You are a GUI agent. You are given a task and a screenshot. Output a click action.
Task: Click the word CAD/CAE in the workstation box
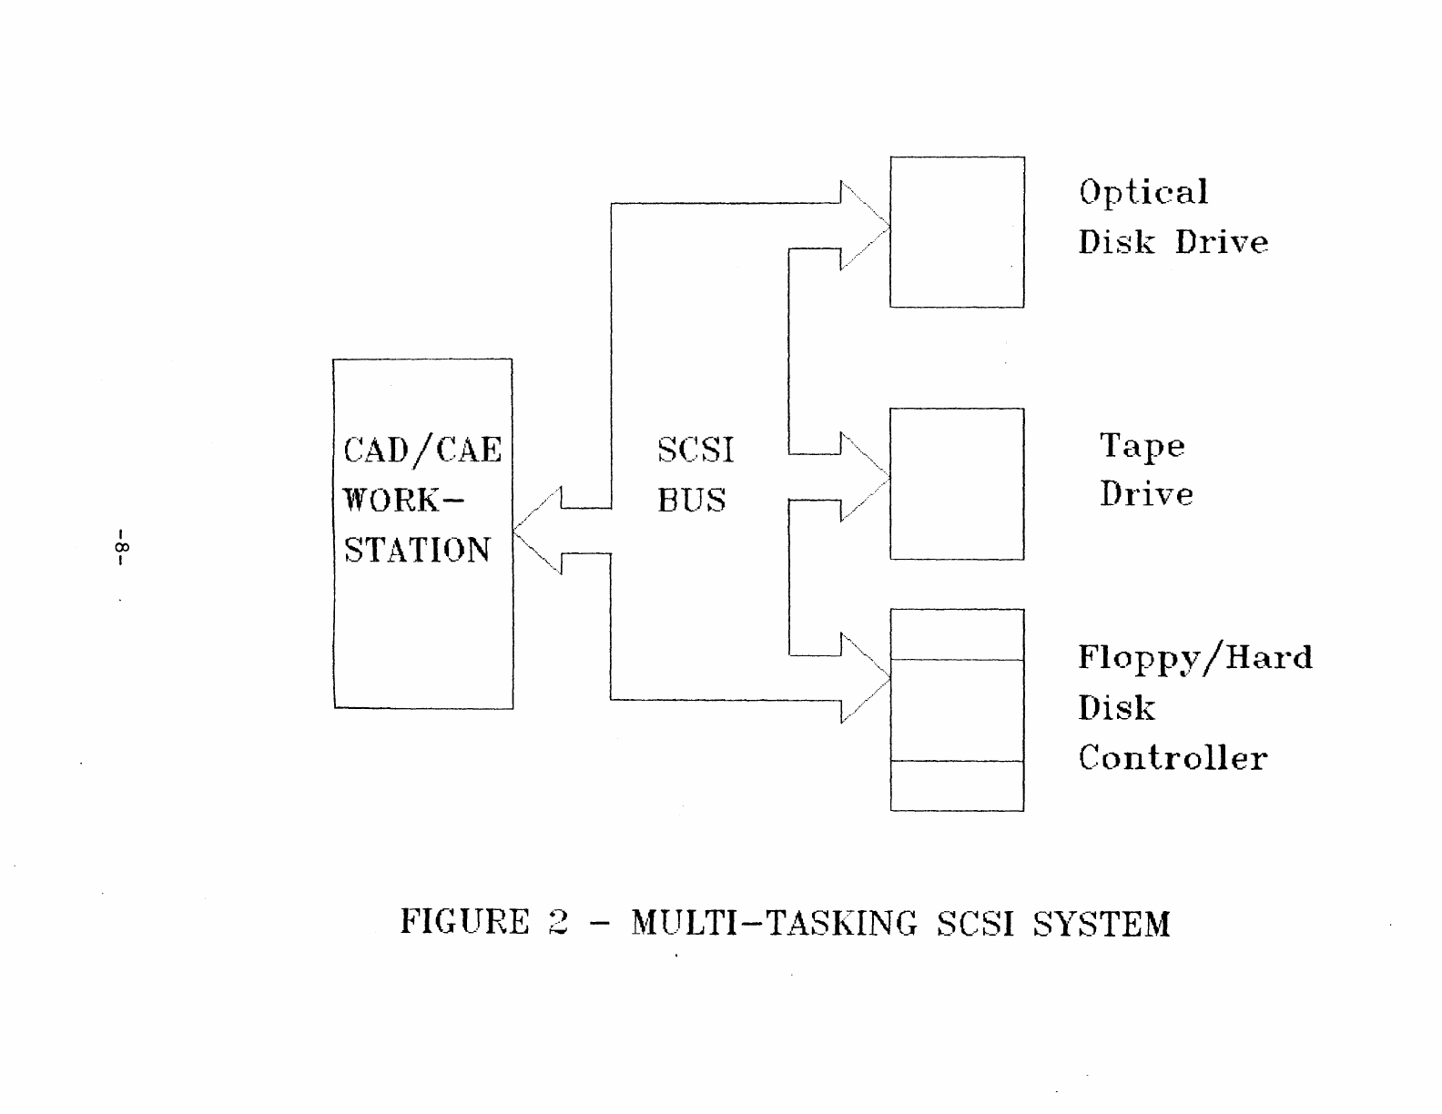tap(422, 450)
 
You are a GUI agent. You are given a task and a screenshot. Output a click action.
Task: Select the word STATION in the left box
tap(417, 550)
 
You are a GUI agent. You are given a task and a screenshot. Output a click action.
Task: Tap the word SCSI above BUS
tap(696, 450)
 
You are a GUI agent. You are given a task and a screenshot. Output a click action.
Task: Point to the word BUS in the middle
tap(692, 500)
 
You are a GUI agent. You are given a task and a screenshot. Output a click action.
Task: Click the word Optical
tap(1143, 192)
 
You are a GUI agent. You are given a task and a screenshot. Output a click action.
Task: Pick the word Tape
tap(1142, 446)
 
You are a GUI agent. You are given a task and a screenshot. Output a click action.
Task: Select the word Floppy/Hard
tap(1195, 658)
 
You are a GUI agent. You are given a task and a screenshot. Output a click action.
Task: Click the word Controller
tap(1173, 757)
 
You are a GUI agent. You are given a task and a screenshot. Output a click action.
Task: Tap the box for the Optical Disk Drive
tap(957, 232)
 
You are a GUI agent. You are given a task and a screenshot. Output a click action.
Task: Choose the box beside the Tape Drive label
tap(957, 483)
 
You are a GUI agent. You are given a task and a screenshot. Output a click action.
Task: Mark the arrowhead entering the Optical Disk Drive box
tap(863, 225)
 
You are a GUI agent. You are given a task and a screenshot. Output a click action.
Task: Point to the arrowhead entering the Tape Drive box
tap(863, 476)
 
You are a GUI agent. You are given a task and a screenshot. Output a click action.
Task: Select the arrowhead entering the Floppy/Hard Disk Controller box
tap(863, 677)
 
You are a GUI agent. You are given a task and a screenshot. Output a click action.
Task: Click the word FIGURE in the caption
tap(464, 922)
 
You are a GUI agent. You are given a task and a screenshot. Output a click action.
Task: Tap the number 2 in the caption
tap(558, 922)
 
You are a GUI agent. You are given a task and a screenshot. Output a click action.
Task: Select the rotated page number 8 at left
tap(122, 547)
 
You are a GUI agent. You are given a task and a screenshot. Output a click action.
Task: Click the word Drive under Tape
tap(1146, 494)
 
